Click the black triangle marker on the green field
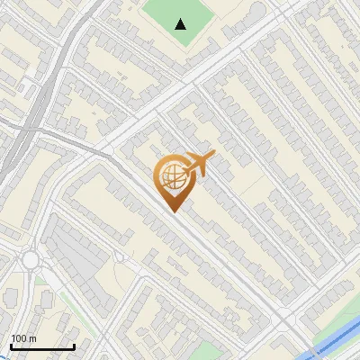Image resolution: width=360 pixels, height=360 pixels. [x=182, y=24]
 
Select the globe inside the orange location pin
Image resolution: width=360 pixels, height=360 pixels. [x=172, y=177]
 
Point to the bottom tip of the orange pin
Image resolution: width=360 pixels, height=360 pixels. [x=174, y=211]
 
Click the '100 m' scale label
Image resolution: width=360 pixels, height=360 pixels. [x=23, y=338]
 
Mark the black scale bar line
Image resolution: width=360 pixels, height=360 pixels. [x=42, y=346]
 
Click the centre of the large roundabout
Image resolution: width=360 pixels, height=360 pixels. [x=31, y=260]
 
